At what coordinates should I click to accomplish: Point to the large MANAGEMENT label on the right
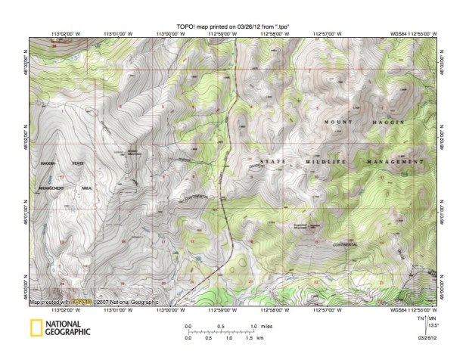394,163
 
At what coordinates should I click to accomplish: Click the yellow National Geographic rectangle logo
36,327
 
